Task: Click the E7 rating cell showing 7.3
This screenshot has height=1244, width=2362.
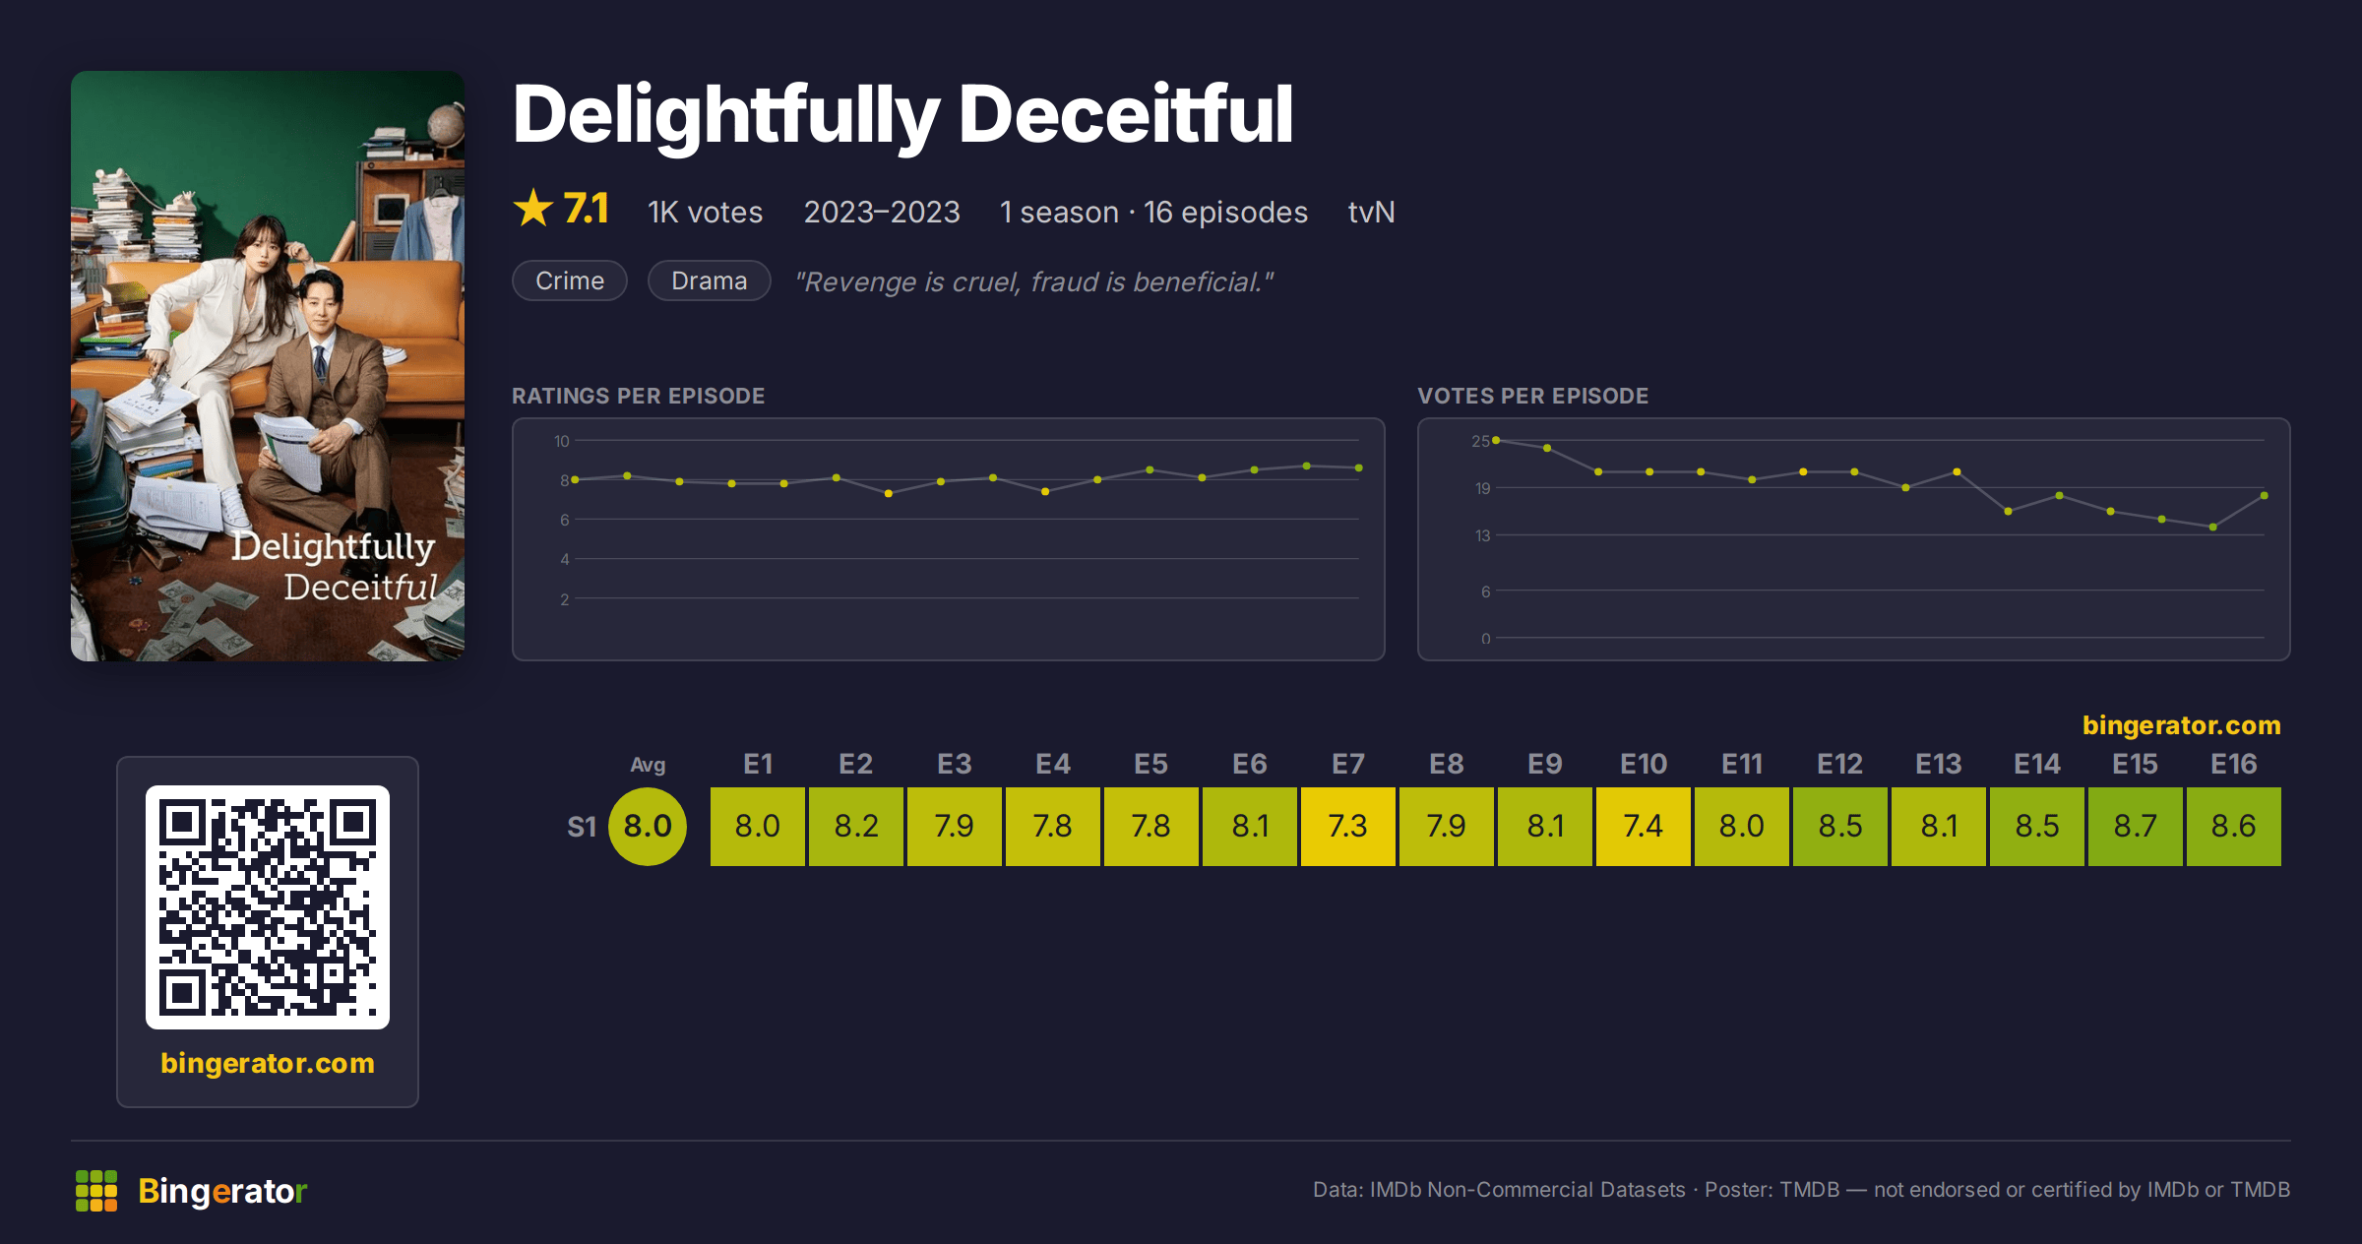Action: [x=1347, y=826]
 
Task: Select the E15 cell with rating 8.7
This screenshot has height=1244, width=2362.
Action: [x=2135, y=826]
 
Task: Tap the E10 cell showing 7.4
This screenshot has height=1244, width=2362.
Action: [x=1643, y=826]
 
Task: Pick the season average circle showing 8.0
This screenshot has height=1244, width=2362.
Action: [x=648, y=827]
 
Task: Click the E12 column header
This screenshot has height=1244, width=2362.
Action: [x=1839, y=765]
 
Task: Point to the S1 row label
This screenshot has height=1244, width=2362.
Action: [x=582, y=827]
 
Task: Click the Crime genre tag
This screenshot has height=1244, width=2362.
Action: [x=570, y=280]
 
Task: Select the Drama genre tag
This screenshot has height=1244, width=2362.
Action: [x=709, y=280]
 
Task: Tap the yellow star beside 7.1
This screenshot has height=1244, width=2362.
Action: [x=533, y=208]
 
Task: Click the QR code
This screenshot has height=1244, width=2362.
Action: [x=268, y=907]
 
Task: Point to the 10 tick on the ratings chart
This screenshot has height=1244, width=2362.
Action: [x=561, y=441]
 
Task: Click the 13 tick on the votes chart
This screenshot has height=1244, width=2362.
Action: [x=1482, y=535]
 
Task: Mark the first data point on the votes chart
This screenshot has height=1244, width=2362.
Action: [x=1496, y=440]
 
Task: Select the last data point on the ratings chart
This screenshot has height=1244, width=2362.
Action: [x=1359, y=467]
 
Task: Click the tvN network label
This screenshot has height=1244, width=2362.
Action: [x=1371, y=212]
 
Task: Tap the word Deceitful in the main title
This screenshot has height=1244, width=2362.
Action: [x=1126, y=115]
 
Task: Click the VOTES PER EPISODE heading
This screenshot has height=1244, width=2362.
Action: [x=1532, y=396]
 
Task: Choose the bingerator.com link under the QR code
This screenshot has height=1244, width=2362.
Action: [x=268, y=1063]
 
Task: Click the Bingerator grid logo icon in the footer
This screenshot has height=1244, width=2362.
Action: [x=96, y=1191]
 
